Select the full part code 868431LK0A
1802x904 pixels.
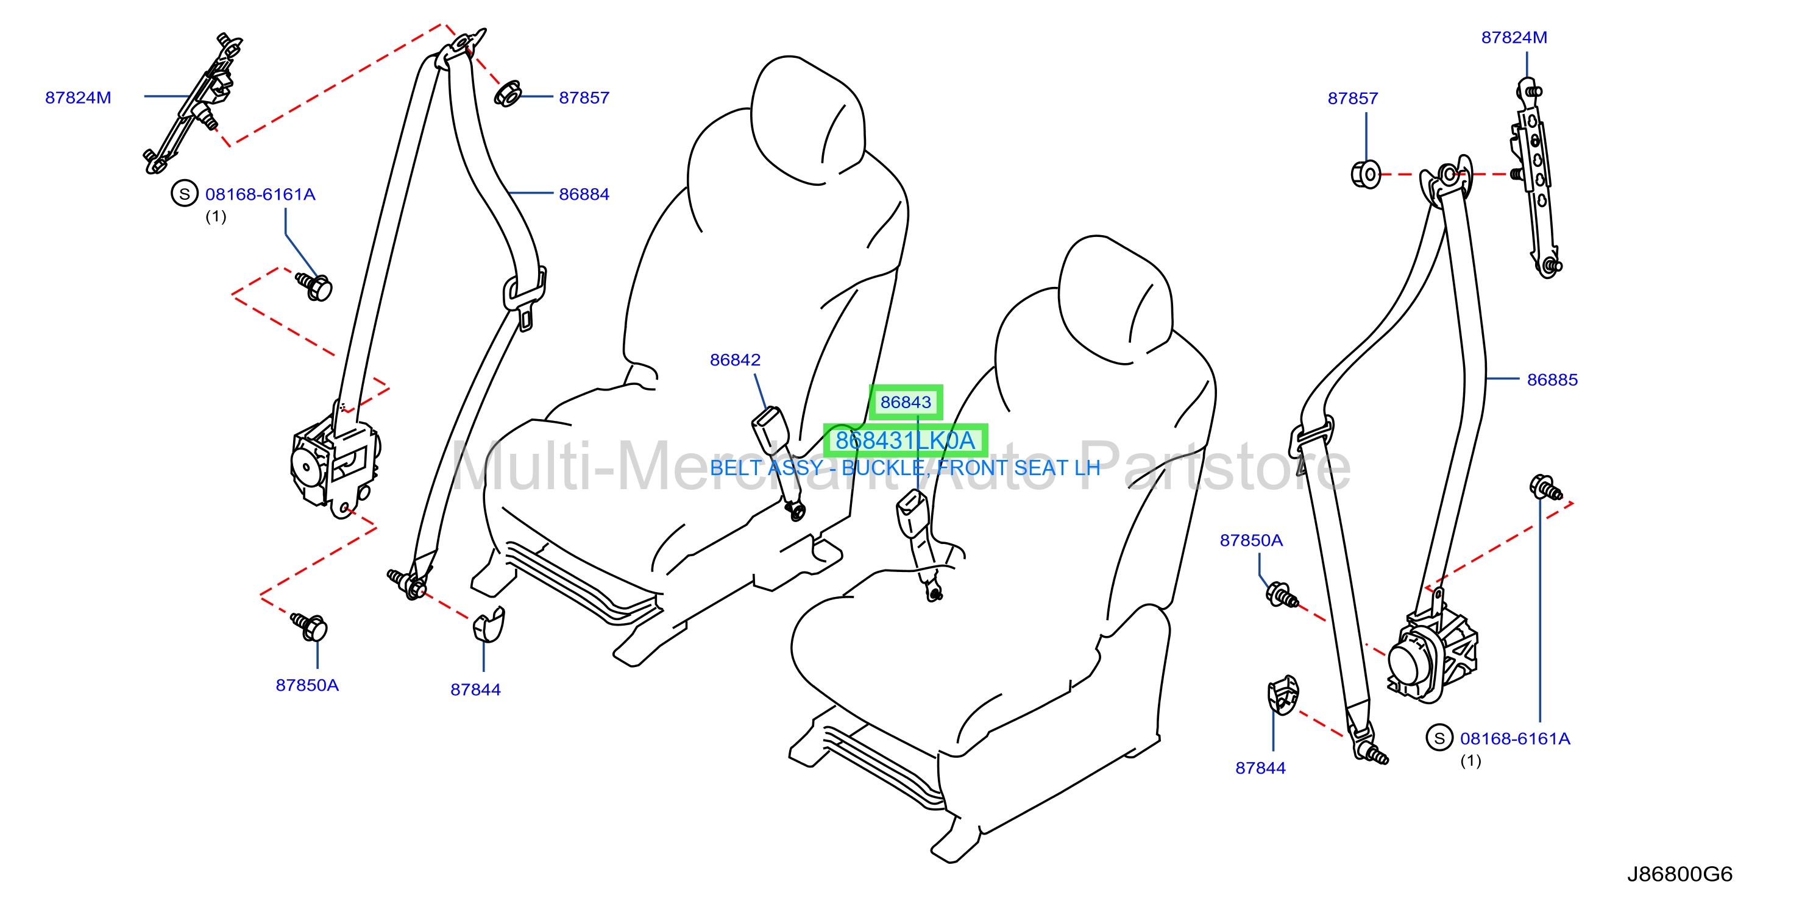tap(905, 440)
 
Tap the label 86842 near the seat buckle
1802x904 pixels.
tap(734, 360)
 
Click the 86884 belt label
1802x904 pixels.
tap(584, 194)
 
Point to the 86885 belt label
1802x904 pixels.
tap(1552, 380)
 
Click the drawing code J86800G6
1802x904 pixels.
tap(1680, 874)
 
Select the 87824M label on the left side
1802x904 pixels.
tap(77, 98)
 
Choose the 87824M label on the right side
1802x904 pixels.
tap(1514, 38)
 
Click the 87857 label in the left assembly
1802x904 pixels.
tap(584, 98)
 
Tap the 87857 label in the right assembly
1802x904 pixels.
tap(1353, 99)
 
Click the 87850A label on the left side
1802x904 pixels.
tap(307, 685)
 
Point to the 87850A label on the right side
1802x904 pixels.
tap(1252, 540)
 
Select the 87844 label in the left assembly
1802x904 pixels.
tap(476, 690)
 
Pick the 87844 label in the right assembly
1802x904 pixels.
tap(1261, 768)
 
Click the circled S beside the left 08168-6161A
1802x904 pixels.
tap(185, 194)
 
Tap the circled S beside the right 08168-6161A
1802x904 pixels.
tap(1439, 738)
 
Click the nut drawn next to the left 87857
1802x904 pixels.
tap(507, 94)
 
